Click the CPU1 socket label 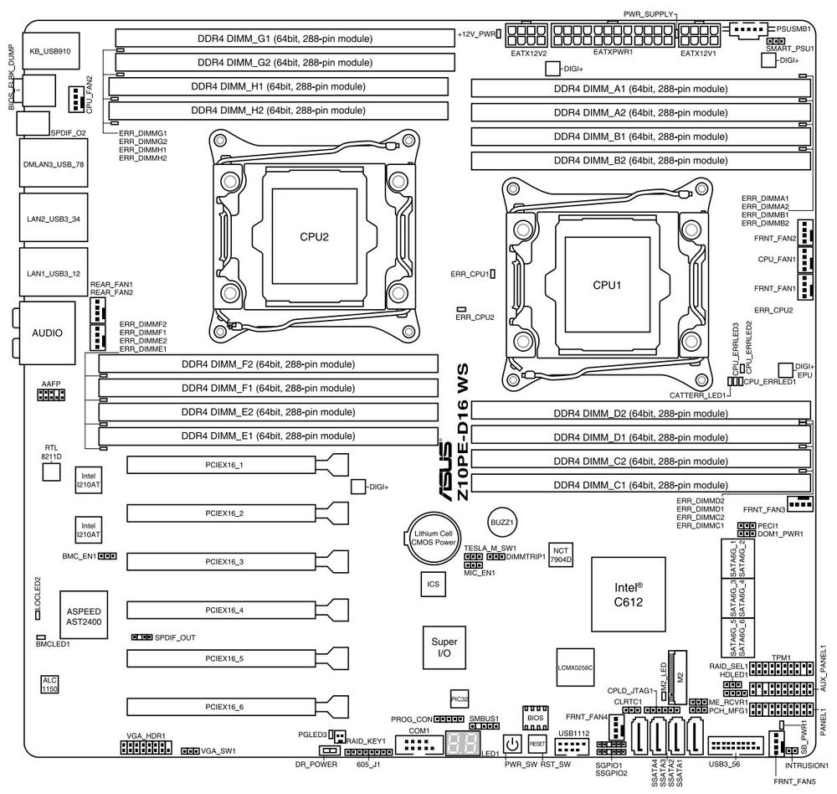[607, 285]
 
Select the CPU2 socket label [314, 237]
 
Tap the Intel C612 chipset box [629, 594]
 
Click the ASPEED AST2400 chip [83, 617]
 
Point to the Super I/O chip [444, 646]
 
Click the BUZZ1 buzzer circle [501, 521]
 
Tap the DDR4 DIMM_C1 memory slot [640, 485]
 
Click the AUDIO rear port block [47, 333]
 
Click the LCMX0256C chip [575, 667]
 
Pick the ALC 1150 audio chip [50, 684]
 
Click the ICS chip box [433, 583]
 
